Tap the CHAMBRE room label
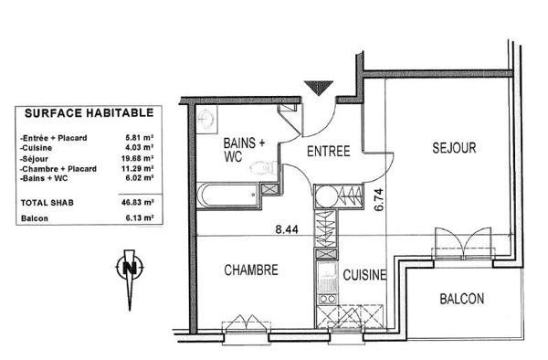point(250,271)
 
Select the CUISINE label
point(364,273)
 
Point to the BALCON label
point(461,299)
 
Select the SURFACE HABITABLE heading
point(89,114)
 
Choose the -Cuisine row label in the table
point(36,147)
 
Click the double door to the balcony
point(467,245)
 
